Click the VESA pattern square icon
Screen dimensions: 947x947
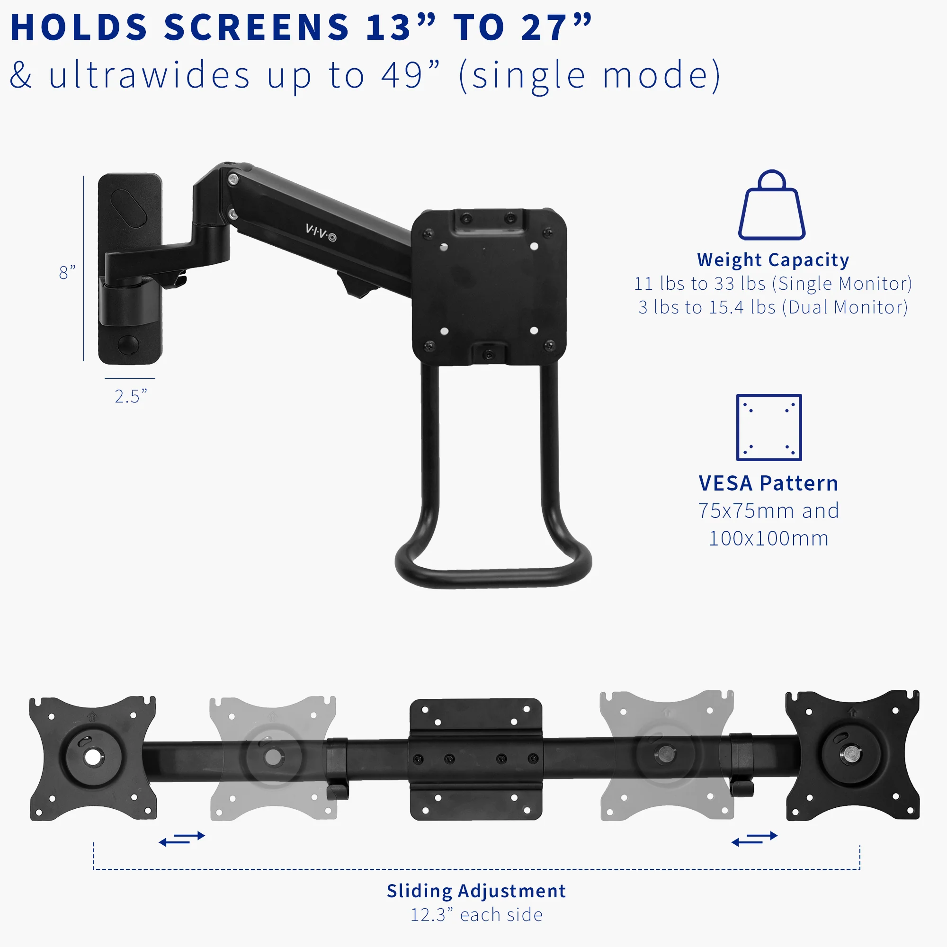click(x=768, y=428)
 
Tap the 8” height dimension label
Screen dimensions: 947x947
click(x=67, y=273)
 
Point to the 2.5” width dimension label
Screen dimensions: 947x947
click(x=130, y=396)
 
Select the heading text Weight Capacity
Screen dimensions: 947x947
click(x=772, y=260)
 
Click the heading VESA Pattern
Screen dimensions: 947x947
click(x=768, y=483)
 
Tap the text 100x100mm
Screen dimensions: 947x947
click(x=768, y=538)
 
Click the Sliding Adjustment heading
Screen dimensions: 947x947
click(x=476, y=891)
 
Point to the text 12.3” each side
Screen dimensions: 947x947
click(x=476, y=915)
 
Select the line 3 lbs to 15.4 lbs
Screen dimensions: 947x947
click(x=772, y=307)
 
